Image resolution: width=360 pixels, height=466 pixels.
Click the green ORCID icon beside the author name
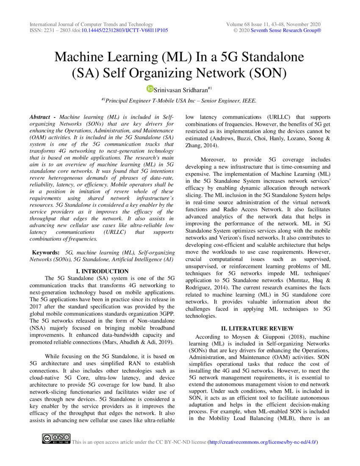coord(150,89)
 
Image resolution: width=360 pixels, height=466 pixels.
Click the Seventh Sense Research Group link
coord(286,31)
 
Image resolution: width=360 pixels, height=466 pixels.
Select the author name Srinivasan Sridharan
coord(181,89)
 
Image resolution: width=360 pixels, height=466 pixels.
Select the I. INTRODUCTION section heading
coord(102,271)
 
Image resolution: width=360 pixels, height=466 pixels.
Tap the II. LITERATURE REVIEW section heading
coord(258,328)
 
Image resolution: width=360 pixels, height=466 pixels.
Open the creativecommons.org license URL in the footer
coord(262,442)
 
